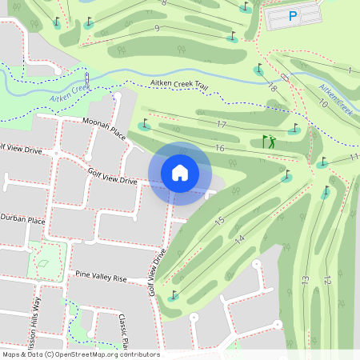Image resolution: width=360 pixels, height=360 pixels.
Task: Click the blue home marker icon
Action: [x=180, y=173]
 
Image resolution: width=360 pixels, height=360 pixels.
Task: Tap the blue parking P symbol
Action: [x=293, y=15]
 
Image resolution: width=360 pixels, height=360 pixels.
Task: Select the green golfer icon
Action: [x=270, y=142]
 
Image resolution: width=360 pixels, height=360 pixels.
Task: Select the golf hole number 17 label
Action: [x=222, y=124]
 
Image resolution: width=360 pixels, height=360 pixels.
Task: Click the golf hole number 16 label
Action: [x=219, y=148]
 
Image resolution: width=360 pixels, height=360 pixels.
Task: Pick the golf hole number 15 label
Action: [x=222, y=221]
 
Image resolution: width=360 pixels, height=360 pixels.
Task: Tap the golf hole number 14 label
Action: [x=239, y=239]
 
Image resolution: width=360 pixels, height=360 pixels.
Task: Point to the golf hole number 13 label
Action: [x=305, y=279]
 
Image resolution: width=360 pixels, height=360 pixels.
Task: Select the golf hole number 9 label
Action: [x=157, y=29]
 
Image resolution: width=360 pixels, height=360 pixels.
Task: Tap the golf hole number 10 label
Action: [x=323, y=103]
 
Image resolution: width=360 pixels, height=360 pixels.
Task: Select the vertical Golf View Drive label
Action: [x=157, y=272]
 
